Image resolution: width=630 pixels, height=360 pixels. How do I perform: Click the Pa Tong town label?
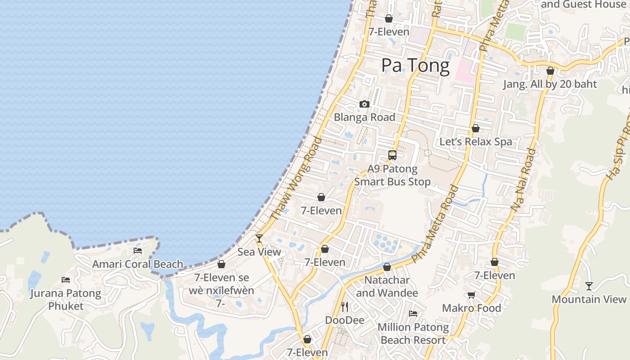click(x=415, y=66)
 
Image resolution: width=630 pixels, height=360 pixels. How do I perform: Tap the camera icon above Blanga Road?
click(x=364, y=104)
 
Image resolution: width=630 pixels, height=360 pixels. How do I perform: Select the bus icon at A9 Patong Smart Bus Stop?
click(x=392, y=155)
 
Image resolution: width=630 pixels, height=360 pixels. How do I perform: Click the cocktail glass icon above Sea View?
click(x=259, y=238)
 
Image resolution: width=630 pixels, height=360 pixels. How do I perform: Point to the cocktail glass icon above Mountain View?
click(x=589, y=286)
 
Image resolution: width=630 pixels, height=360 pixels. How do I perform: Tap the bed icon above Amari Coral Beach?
click(x=138, y=251)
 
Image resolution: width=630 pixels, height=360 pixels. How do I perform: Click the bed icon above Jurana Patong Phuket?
click(x=66, y=280)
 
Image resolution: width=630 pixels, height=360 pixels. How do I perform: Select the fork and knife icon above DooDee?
click(x=345, y=307)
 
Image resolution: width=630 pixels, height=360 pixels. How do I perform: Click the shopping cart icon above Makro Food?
click(x=471, y=295)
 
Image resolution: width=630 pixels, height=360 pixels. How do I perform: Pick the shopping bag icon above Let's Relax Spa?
click(x=476, y=129)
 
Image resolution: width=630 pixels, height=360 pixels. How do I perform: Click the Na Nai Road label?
click(x=523, y=180)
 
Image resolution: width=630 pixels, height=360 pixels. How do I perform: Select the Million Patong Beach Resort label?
click(x=413, y=333)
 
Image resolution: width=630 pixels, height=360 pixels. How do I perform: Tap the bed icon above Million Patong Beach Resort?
click(x=413, y=314)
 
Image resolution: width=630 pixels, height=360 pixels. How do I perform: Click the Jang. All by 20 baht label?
click(x=550, y=84)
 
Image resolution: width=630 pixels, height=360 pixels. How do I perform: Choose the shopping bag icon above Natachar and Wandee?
click(x=387, y=267)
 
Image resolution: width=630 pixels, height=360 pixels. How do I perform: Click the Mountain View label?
click(x=589, y=299)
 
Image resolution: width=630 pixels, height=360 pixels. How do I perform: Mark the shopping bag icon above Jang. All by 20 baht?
click(x=550, y=71)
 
